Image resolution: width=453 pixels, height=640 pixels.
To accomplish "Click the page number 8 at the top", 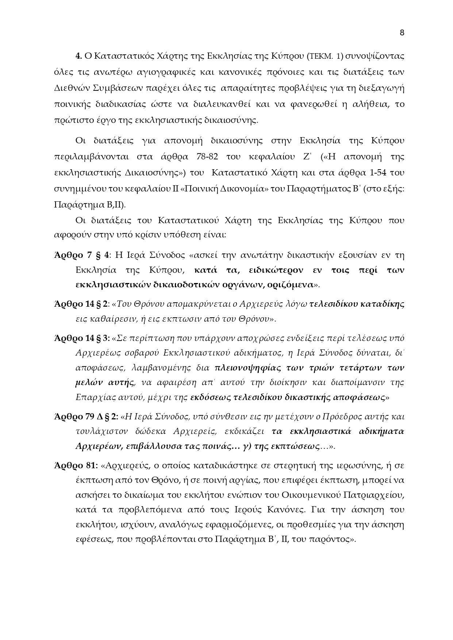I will [x=402, y=33].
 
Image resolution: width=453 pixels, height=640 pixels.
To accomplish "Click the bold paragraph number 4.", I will [x=78, y=56].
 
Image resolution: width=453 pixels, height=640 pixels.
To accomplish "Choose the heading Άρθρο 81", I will [x=76, y=466].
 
